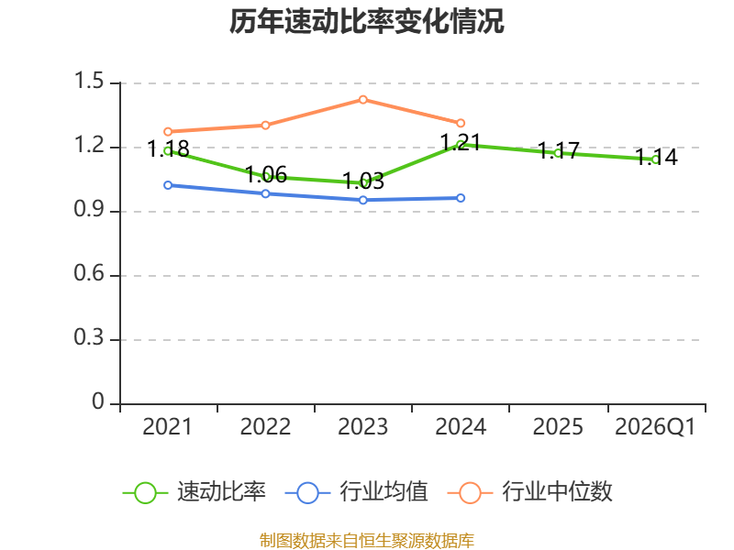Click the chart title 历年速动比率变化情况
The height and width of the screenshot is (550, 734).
pos(366,21)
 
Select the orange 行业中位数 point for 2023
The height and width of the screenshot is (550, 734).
pos(362,100)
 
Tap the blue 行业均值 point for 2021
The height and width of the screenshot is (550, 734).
pos(168,185)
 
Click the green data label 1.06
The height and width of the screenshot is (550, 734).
pos(266,175)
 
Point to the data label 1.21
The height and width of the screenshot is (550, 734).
pos(461,142)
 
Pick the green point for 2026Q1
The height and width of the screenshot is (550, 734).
pos(656,159)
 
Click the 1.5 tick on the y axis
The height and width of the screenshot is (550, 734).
pos(89,81)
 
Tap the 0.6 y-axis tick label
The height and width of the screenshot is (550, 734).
pos(89,272)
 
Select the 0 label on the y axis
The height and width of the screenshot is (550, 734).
pos(98,401)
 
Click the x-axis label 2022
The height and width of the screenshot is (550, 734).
pos(265,426)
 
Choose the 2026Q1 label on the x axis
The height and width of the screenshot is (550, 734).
pos(655,426)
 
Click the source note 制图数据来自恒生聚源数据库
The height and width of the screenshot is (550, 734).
pos(367,541)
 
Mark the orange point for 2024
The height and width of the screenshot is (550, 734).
pos(461,123)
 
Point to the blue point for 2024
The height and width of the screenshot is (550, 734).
pos(461,198)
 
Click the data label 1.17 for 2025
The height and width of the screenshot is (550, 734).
pos(558,150)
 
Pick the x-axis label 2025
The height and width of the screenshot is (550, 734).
pos(558,426)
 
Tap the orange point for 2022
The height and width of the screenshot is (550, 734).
pos(265,126)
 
